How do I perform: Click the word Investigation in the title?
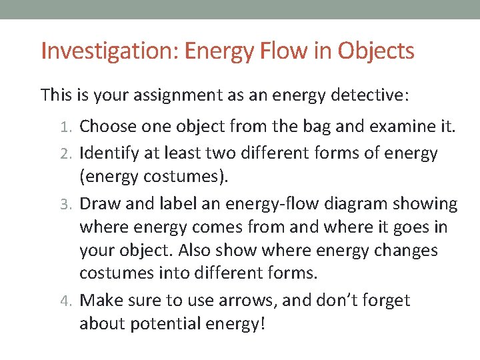pyautogui.click(x=110, y=51)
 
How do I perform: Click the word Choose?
pyautogui.click(x=109, y=126)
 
